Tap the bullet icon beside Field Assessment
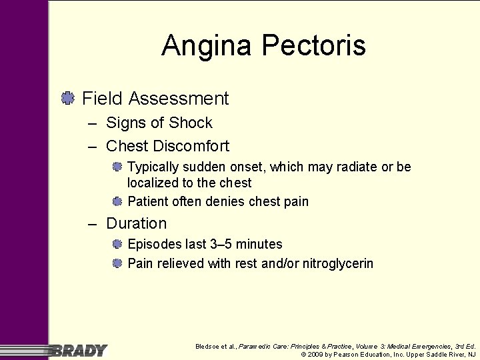click(67, 99)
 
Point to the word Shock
click(190, 123)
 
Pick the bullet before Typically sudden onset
click(117, 167)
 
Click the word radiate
click(354, 167)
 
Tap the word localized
click(153, 183)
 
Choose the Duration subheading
click(136, 223)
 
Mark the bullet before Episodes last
click(117, 245)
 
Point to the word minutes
click(260, 245)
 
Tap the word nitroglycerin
click(338, 263)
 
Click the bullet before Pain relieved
click(117, 263)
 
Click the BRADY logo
click(79, 350)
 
